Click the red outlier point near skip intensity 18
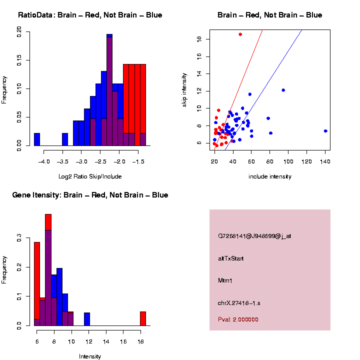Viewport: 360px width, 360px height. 240,34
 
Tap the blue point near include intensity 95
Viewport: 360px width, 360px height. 283,90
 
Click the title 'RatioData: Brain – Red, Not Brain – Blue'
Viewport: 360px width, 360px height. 90,15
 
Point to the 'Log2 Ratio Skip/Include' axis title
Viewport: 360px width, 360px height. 89,176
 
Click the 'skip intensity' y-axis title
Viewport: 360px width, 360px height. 184,89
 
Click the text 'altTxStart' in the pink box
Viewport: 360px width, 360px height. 230,258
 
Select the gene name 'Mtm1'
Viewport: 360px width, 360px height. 225,280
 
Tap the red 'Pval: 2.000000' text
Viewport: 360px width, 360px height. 238,319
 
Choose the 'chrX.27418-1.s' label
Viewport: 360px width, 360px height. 238,303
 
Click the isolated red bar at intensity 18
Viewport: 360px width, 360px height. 142,318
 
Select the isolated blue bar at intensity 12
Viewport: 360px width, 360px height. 87,319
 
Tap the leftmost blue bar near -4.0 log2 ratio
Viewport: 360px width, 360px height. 37,139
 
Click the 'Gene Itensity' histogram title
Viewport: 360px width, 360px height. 90,195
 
